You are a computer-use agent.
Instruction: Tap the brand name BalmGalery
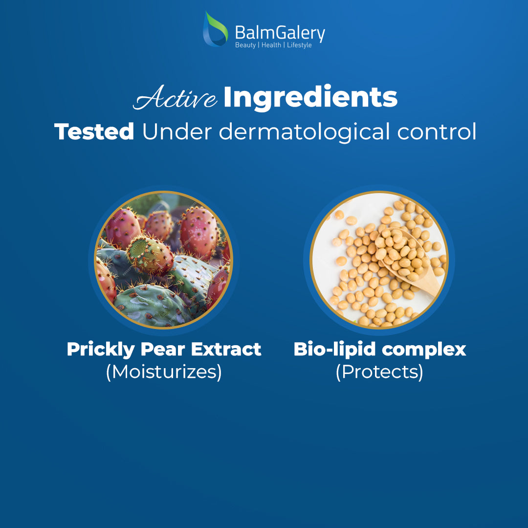click(280, 33)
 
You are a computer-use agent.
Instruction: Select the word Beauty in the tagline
click(245, 45)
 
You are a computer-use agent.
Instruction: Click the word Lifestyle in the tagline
click(299, 45)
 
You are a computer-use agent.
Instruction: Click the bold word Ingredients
click(310, 98)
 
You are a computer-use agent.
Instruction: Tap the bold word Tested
click(94, 132)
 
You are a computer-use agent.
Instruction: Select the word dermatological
click(306, 132)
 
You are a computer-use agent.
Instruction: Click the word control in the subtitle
click(437, 132)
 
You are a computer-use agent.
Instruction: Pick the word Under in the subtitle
click(177, 132)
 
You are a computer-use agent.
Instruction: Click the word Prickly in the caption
click(101, 350)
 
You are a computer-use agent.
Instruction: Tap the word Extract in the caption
click(226, 349)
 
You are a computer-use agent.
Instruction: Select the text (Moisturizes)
click(164, 372)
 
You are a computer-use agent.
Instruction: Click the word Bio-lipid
click(334, 350)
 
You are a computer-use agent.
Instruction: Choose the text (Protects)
click(379, 372)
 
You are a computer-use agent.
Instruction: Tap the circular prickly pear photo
click(164, 260)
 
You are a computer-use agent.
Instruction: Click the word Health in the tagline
click(271, 45)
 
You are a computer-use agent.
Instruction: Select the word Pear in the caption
click(163, 349)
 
